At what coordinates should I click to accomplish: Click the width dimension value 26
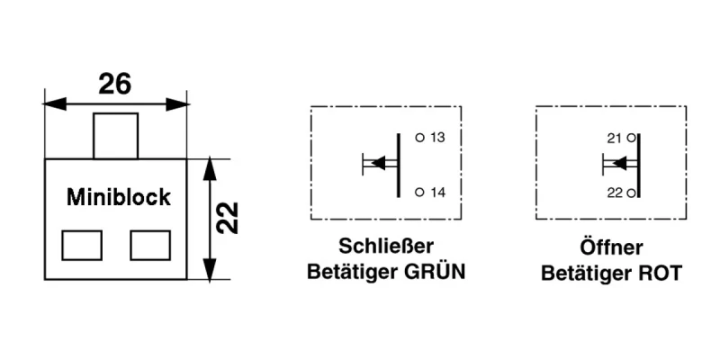[115, 84]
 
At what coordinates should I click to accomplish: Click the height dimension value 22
[230, 219]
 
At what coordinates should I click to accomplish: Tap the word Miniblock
[119, 197]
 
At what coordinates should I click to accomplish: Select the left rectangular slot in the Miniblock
[81, 245]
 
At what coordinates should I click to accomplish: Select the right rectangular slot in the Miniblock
[150, 245]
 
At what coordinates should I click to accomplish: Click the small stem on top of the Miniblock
[116, 136]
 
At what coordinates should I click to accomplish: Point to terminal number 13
[438, 138]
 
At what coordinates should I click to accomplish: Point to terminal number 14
[438, 193]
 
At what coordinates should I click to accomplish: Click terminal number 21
[616, 138]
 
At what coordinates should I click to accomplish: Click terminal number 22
[616, 193]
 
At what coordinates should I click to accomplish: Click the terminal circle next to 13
[419, 138]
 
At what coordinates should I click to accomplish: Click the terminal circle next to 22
[632, 193]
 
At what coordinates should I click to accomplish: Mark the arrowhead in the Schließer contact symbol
[378, 163]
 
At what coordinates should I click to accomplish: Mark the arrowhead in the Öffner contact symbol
[618, 163]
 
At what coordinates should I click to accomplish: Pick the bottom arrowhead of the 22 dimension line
[210, 269]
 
